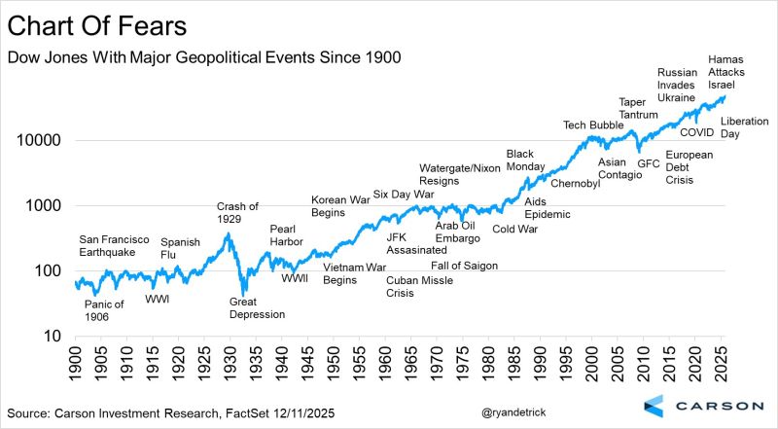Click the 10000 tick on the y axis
point(42,140)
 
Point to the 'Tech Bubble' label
point(594,125)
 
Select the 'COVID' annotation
point(696,131)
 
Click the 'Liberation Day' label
point(744,126)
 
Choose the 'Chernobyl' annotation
point(576,183)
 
